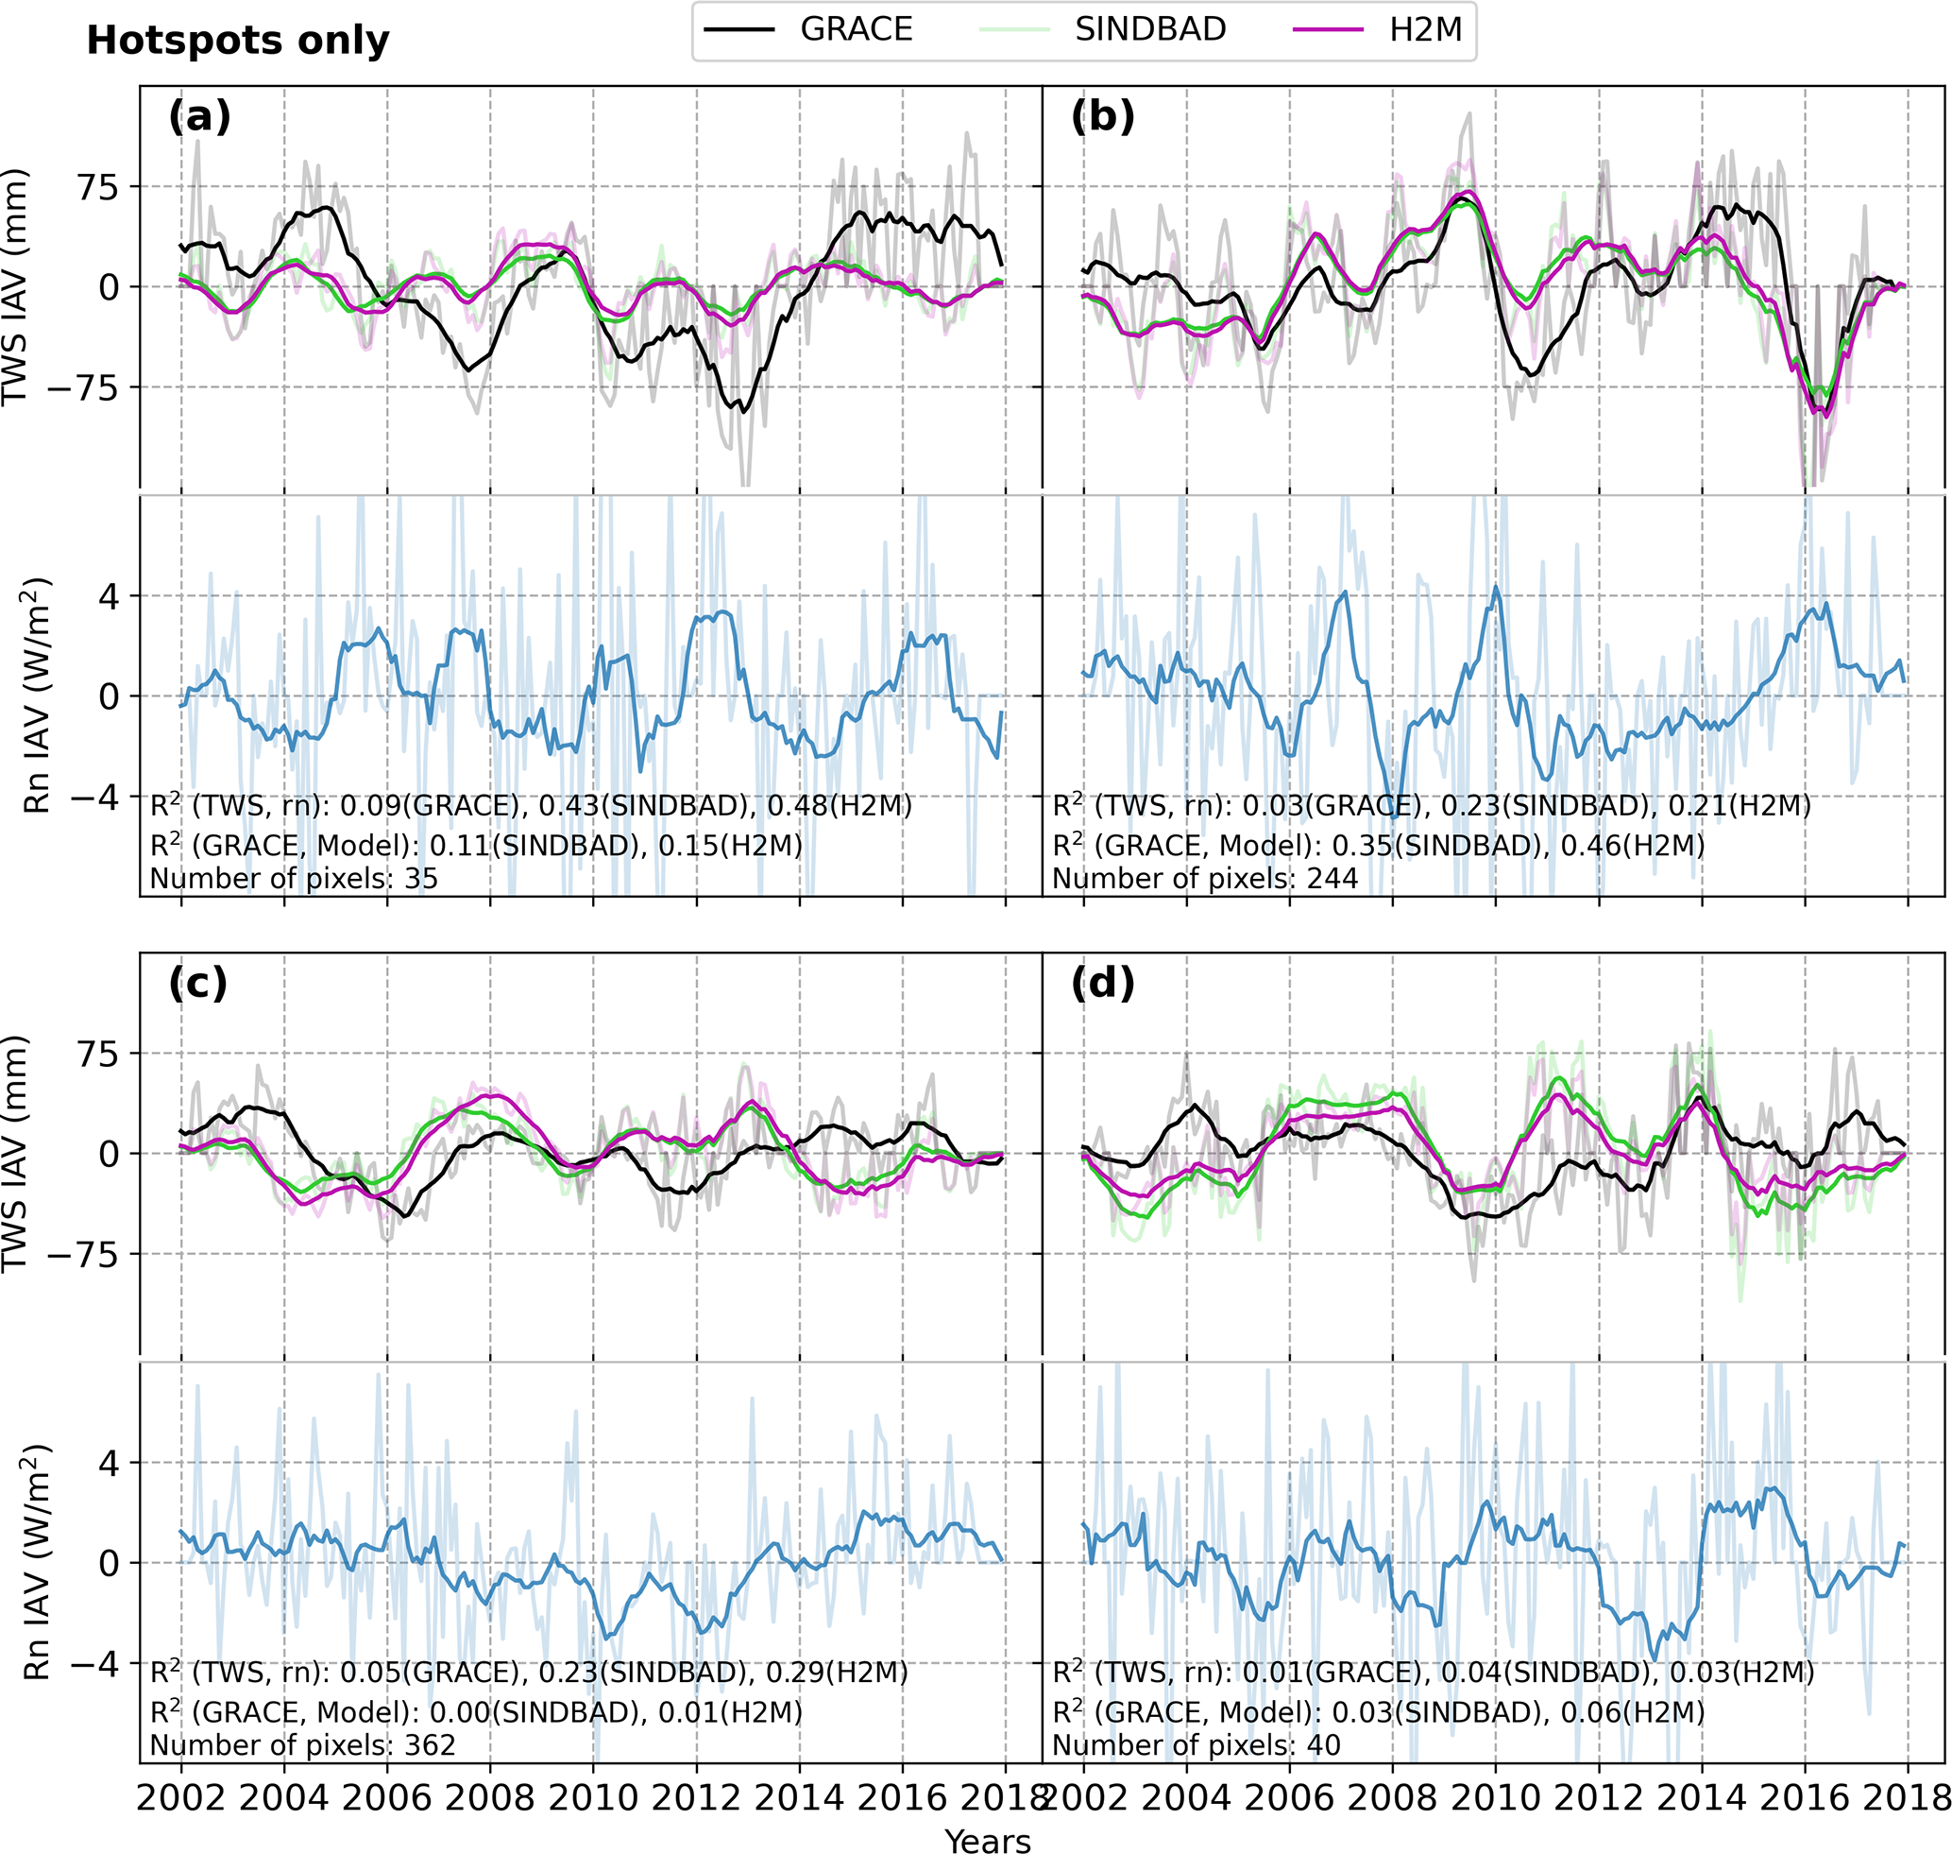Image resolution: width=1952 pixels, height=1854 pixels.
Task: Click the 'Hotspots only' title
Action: click(238, 41)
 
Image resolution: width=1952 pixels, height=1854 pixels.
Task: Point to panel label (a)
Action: click(199, 116)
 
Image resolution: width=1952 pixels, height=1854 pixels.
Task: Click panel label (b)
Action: click(1102, 116)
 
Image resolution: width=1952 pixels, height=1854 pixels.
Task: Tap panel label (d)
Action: click(1102, 984)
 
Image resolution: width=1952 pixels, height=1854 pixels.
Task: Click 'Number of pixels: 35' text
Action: click(294, 879)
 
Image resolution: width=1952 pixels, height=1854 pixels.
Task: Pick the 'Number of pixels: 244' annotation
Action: click(1204, 879)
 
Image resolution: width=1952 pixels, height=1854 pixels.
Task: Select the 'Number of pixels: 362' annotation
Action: click(302, 1745)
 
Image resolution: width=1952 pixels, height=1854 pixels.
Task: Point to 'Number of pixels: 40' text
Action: click(1196, 1745)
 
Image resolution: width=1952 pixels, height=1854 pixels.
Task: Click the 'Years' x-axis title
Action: click(987, 1840)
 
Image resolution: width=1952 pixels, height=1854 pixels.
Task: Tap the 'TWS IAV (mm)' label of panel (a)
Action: click(15, 286)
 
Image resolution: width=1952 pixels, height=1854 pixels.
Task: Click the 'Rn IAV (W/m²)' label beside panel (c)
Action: click(37, 1561)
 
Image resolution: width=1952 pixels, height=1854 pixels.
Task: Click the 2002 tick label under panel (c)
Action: click(178, 1798)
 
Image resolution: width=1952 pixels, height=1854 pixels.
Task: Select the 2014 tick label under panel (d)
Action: click(1701, 1798)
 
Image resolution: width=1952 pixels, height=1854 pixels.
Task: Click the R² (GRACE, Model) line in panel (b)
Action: click(1378, 846)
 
